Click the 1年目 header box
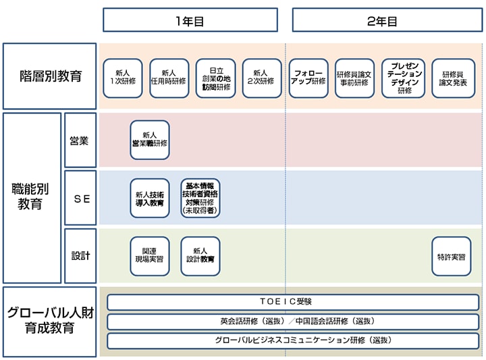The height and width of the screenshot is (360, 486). (190, 20)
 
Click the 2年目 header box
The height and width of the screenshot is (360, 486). (382, 20)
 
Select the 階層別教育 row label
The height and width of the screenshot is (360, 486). (50, 76)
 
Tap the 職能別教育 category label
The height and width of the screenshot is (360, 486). (31, 197)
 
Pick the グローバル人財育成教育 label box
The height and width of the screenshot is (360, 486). (50, 321)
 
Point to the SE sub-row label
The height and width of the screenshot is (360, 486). (80, 198)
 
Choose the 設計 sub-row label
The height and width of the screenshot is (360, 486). (80, 256)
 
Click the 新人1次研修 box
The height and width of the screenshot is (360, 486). (123, 78)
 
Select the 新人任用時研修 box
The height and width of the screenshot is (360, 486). (169, 78)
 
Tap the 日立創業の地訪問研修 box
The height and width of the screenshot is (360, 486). (216, 78)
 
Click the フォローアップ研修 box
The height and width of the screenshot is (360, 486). (308, 78)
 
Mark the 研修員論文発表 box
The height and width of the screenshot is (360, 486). (453, 78)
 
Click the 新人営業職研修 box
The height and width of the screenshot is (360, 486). (150, 140)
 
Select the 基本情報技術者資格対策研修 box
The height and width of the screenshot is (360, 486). (200, 198)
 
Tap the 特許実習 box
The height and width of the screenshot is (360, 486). (451, 256)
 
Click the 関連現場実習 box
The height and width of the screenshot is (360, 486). (150, 256)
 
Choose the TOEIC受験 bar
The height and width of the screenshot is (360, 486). (293, 302)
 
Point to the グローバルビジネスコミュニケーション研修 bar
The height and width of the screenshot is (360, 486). (293, 340)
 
